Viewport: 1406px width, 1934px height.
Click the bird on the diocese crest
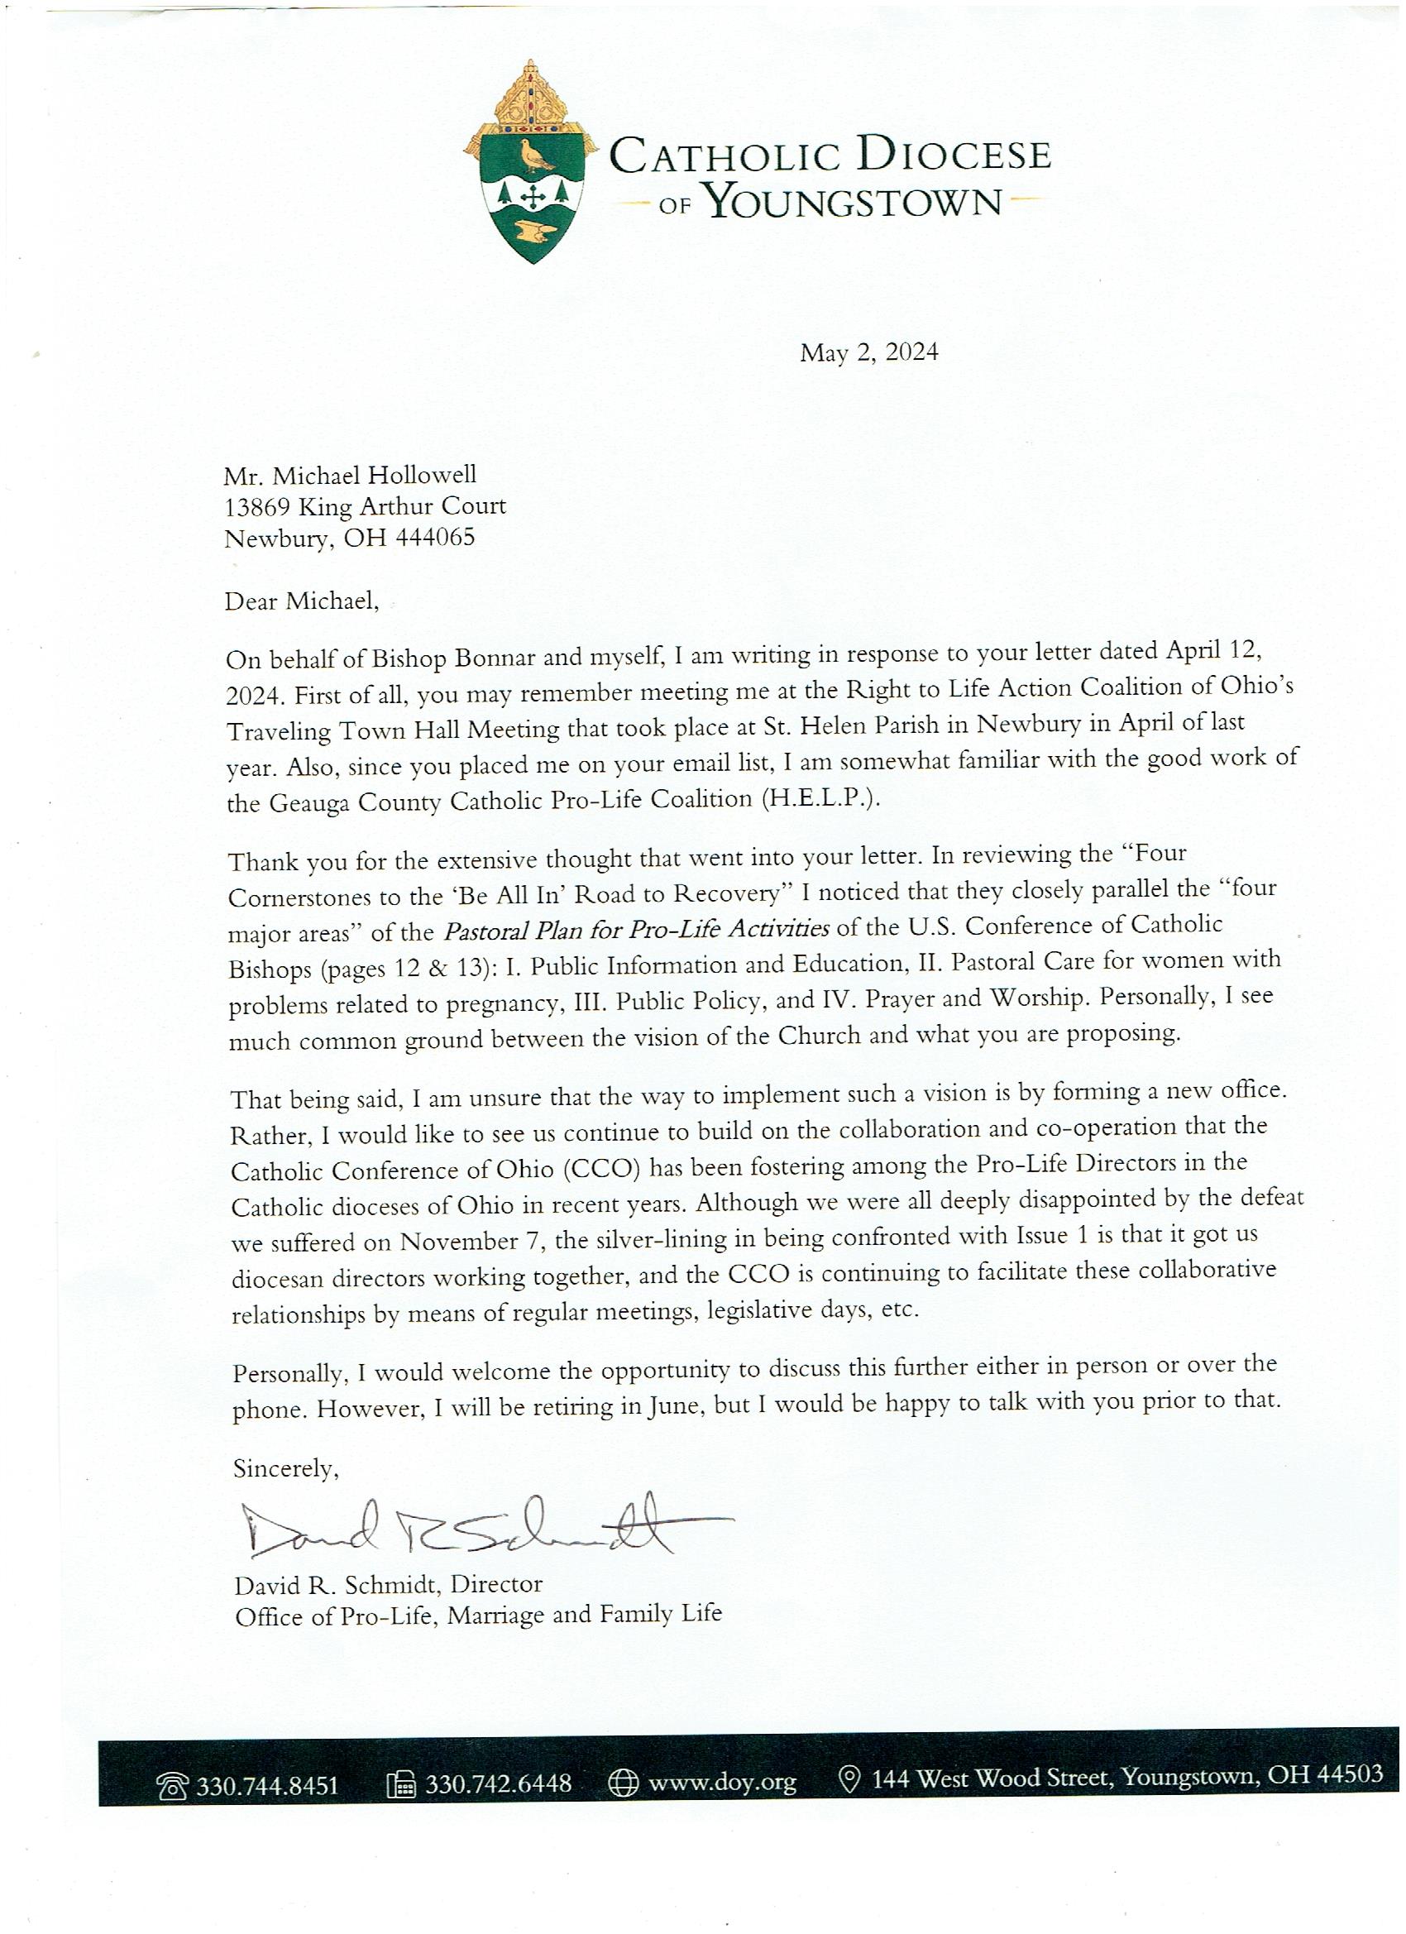[535, 155]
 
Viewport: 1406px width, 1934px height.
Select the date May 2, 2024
[868, 352]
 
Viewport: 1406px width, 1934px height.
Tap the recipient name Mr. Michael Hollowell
[350, 475]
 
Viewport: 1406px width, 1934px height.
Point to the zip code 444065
[435, 538]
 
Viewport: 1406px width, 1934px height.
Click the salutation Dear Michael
[301, 601]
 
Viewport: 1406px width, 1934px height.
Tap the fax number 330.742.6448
[498, 1784]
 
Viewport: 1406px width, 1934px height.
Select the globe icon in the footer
[623, 1783]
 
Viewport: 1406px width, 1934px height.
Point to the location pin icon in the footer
[849, 1780]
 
